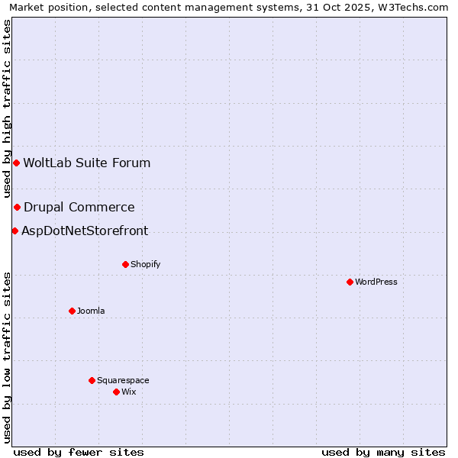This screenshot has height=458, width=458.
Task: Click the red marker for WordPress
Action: coord(350,282)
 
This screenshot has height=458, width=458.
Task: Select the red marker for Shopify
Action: coord(125,264)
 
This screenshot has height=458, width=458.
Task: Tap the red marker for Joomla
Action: coord(72,311)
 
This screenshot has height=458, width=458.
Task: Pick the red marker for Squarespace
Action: coord(92,380)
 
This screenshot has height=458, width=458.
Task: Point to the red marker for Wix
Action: coord(116,392)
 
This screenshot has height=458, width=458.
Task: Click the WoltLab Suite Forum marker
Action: coord(16,163)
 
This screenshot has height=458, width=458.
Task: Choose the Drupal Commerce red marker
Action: coord(17,207)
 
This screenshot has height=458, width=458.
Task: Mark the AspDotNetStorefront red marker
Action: coord(15,231)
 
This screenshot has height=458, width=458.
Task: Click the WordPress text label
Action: coord(376,282)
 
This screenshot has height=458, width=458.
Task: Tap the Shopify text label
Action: coord(145,264)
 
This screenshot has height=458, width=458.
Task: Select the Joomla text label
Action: coord(91,311)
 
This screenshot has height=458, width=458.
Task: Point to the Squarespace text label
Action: coord(123,380)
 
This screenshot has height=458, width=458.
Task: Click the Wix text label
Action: coord(128,392)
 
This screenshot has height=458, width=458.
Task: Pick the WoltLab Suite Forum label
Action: coord(87,163)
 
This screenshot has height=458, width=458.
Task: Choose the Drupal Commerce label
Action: coord(79,207)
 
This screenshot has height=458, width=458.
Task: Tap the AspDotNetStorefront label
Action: coord(85,231)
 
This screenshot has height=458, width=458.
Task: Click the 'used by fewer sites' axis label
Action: coord(79,452)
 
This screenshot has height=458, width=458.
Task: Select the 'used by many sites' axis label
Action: coord(383,452)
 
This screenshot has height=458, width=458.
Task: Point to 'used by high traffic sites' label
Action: coord(7,108)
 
